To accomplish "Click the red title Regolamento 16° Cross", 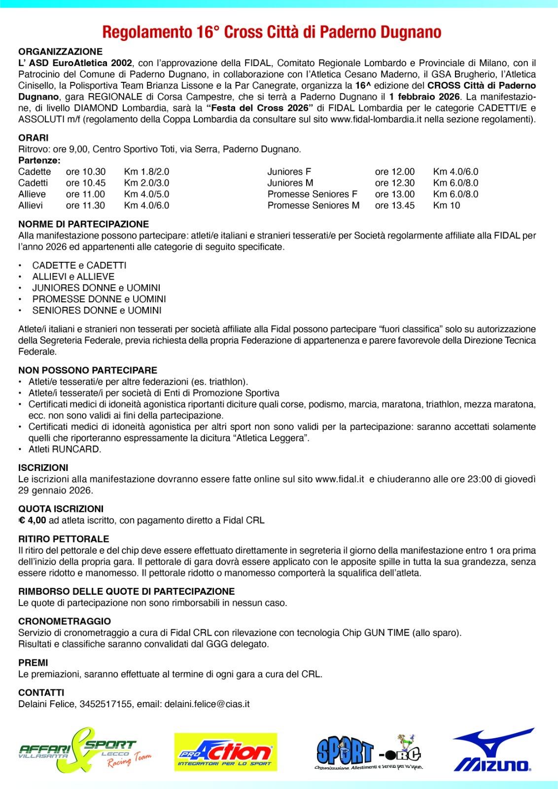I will [x=271, y=33].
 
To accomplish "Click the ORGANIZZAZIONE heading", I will [x=61, y=52].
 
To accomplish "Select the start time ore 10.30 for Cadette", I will [x=86, y=172].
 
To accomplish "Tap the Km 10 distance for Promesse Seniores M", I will [x=447, y=205].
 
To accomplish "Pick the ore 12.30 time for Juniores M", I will [x=395, y=183].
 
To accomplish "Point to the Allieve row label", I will [x=32, y=194].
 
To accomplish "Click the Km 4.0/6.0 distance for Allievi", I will [x=146, y=205].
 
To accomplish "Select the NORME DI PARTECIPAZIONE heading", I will [x=83, y=224].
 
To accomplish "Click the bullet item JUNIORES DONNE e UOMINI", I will [x=96, y=288].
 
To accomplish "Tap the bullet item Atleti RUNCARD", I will [x=65, y=449].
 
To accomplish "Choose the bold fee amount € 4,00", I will [x=33, y=520].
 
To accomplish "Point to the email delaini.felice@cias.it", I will [x=207, y=704].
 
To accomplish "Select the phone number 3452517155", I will [x=106, y=704].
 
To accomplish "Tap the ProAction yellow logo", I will [x=225, y=752].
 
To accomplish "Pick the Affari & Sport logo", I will [x=84, y=751].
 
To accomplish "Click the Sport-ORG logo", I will [x=369, y=752].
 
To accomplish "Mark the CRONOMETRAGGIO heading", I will [x=65, y=621].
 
